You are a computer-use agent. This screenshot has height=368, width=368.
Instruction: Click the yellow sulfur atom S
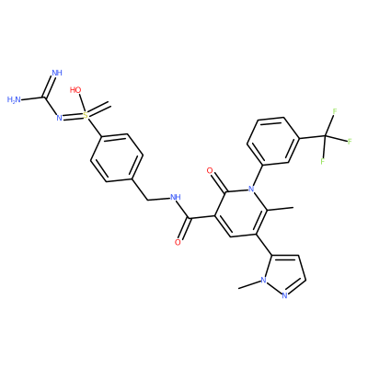[86, 115]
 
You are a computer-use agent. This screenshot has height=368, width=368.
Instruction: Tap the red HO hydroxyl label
[75, 90]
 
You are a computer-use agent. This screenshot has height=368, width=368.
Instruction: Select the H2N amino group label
[14, 99]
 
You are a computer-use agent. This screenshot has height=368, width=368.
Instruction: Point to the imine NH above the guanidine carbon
[57, 73]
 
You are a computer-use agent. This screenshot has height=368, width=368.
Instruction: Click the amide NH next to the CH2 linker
[175, 197]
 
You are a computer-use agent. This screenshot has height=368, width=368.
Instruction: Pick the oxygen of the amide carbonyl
[178, 243]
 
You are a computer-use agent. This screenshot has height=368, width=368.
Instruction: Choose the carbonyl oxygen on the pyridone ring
[210, 170]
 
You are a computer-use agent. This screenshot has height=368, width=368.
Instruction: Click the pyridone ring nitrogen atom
[252, 189]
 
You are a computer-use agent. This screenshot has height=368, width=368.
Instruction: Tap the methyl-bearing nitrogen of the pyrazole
[263, 280]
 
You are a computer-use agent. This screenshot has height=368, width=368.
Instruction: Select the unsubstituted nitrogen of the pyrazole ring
[284, 296]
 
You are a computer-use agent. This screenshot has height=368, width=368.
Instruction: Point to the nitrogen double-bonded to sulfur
[59, 117]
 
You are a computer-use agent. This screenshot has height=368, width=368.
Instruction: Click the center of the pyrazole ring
[283, 274]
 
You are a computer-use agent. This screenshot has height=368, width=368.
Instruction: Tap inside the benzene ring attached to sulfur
[117, 158]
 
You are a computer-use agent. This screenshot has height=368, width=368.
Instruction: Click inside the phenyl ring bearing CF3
[272, 140]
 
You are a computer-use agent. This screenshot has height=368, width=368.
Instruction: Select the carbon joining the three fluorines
[325, 136]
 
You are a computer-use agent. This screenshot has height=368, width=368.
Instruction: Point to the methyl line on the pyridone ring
[281, 209]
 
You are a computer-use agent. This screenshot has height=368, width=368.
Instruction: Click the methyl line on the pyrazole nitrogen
[249, 284]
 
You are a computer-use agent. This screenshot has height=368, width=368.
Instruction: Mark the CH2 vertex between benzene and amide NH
[148, 200]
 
